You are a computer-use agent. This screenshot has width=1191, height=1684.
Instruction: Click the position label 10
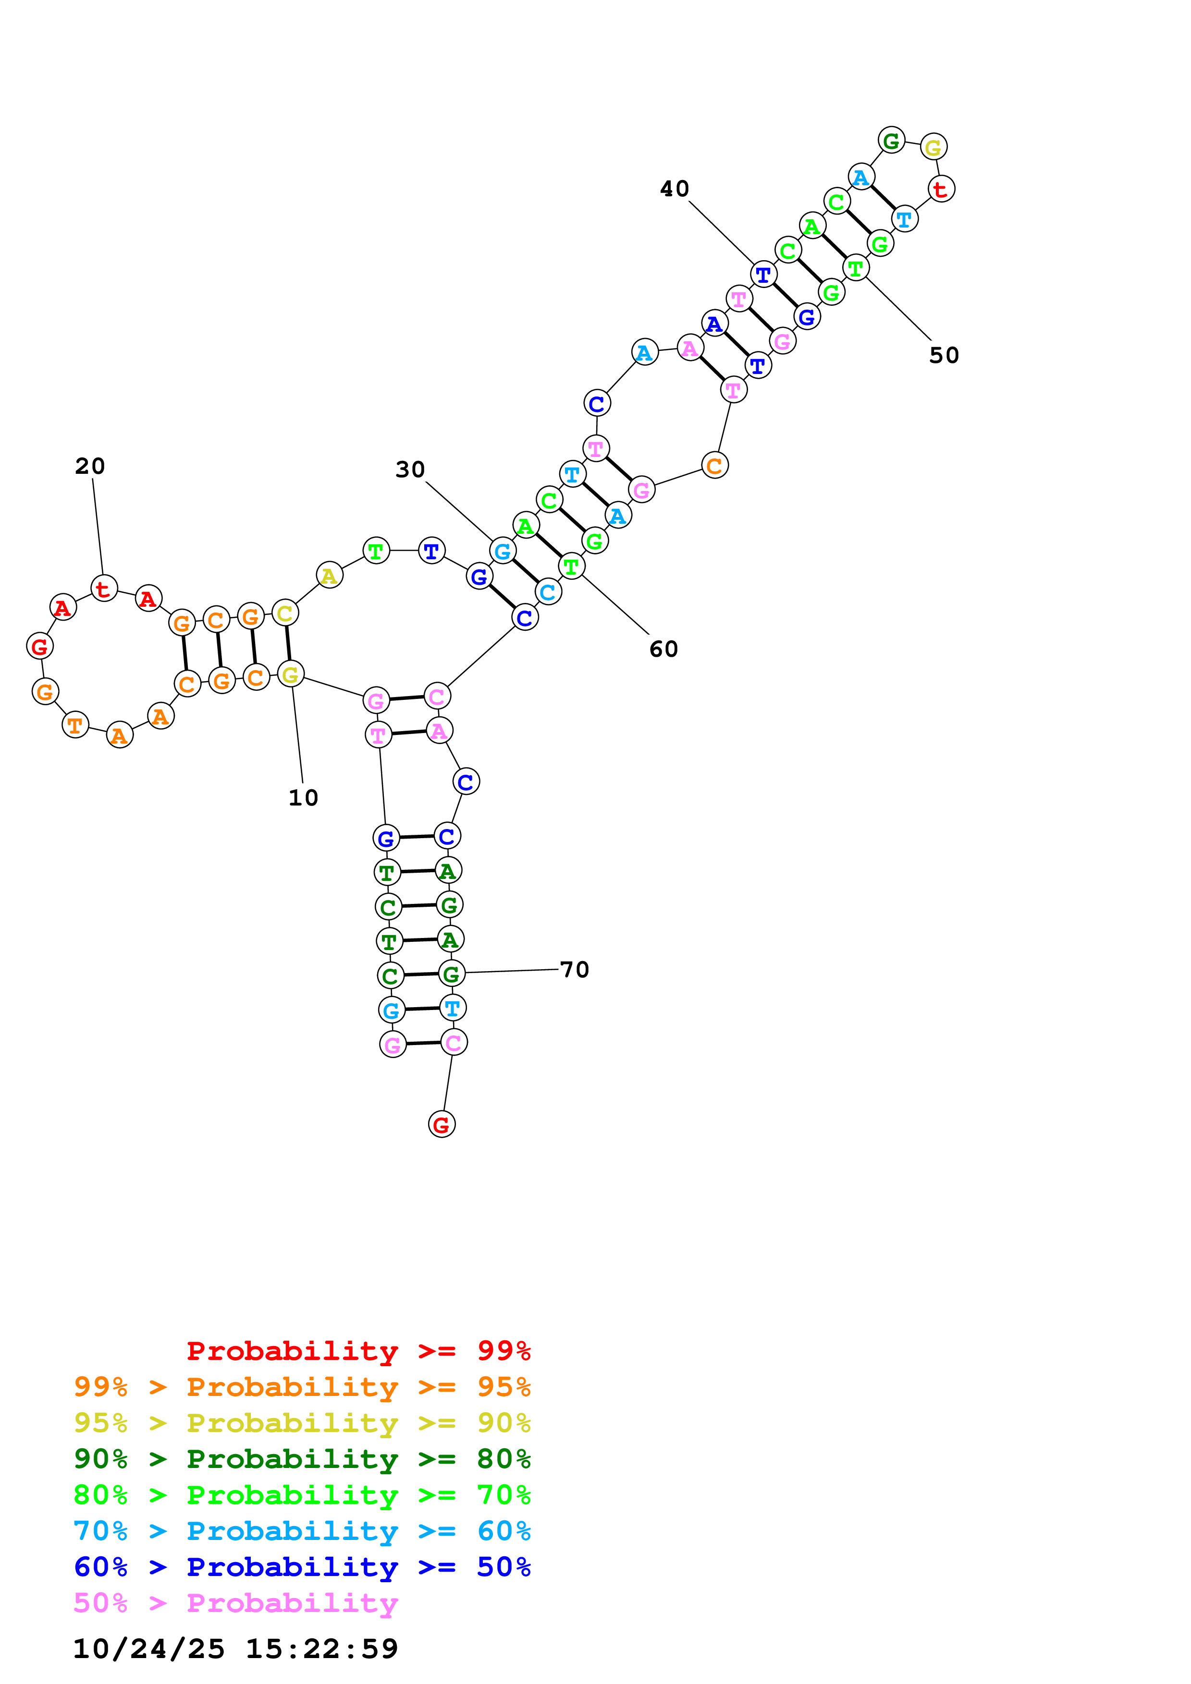303,797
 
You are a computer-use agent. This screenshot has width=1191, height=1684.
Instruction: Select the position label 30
410,469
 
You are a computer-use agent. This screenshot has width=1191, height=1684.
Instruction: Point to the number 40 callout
675,189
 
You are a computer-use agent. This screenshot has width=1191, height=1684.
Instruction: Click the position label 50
944,356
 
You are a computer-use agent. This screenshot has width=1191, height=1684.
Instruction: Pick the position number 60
663,649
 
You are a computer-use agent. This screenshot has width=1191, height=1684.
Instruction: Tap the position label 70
575,970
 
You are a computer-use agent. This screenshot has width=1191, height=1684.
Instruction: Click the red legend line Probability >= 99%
358,1350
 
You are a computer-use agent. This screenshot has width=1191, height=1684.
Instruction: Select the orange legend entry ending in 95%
302,1387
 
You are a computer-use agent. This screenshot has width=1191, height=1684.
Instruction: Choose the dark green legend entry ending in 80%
302,1459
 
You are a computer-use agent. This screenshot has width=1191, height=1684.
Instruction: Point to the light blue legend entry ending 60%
302,1531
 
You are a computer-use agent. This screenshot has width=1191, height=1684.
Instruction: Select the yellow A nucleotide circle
330,575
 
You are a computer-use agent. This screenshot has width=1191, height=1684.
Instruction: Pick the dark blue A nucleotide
714,323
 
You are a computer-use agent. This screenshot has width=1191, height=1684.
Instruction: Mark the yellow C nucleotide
285,613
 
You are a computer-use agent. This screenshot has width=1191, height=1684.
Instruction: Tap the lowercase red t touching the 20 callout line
103,588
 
